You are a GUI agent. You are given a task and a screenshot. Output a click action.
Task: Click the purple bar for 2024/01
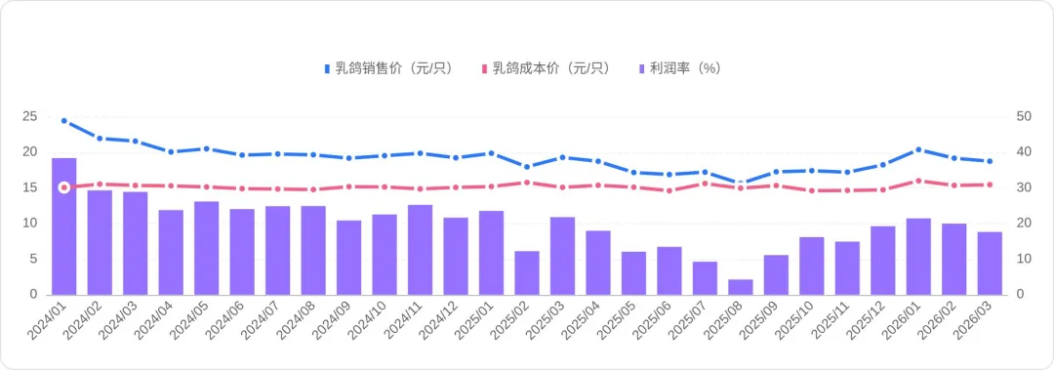pos(64,226)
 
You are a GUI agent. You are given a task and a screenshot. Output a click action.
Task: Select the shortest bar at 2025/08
pos(741,287)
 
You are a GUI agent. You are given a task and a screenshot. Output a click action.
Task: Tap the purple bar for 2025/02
pos(527,272)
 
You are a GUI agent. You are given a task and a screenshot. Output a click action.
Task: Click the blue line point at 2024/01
pos(64,121)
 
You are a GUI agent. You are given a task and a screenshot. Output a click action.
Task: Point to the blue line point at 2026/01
pos(918,150)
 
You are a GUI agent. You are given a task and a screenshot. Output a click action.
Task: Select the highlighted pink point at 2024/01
pos(64,187)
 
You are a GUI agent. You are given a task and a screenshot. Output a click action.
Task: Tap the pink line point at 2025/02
pos(527,183)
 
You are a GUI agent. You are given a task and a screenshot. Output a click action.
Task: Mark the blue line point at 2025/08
pos(741,184)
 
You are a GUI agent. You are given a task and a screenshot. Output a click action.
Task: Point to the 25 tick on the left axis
pos(29,116)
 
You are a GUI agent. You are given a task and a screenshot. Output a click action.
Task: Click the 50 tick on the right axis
pos(1024,116)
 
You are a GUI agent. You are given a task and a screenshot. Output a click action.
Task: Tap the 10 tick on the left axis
pos(29,224)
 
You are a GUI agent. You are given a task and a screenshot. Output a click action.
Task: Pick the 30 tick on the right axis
pos(1024,187)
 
